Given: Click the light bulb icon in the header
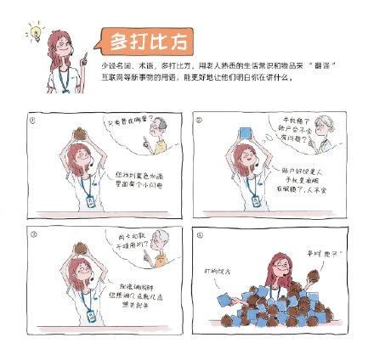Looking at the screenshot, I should [35, 33].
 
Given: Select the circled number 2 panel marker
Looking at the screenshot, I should [200, 120].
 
